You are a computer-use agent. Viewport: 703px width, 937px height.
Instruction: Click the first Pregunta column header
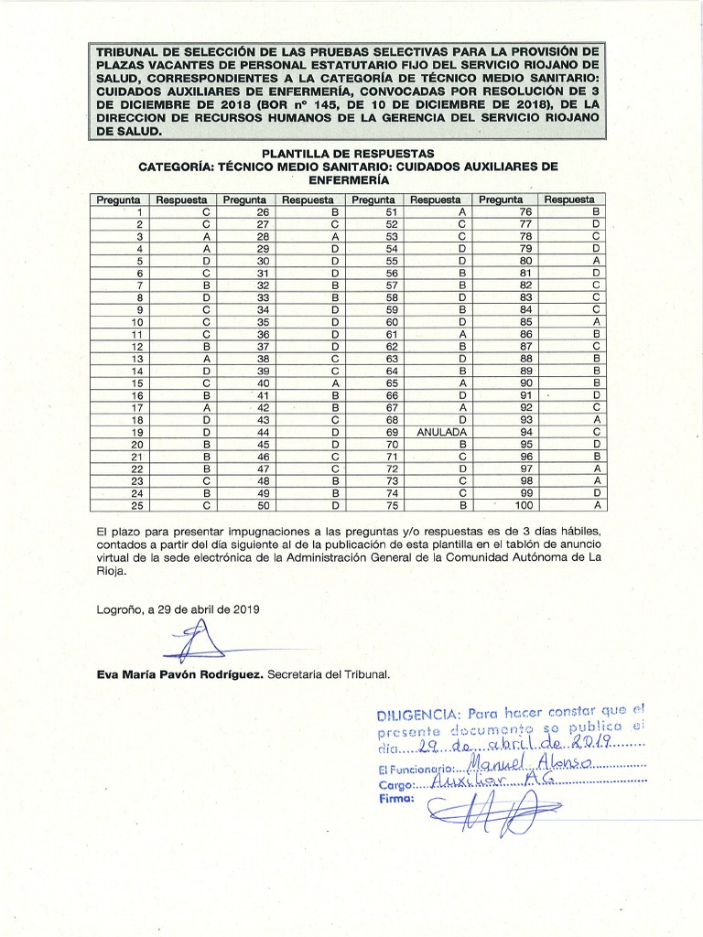click(118, 199)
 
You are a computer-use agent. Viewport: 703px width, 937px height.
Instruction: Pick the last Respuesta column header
click(568, 199)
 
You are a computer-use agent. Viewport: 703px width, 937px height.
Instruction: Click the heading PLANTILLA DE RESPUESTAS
click(348, 154)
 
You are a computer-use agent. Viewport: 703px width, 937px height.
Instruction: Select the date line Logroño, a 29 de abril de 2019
click(178, 609)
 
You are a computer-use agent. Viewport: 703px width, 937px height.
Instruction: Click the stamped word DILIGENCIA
click(416, 714)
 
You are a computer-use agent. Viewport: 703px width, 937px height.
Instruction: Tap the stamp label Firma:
click(395, 799)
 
